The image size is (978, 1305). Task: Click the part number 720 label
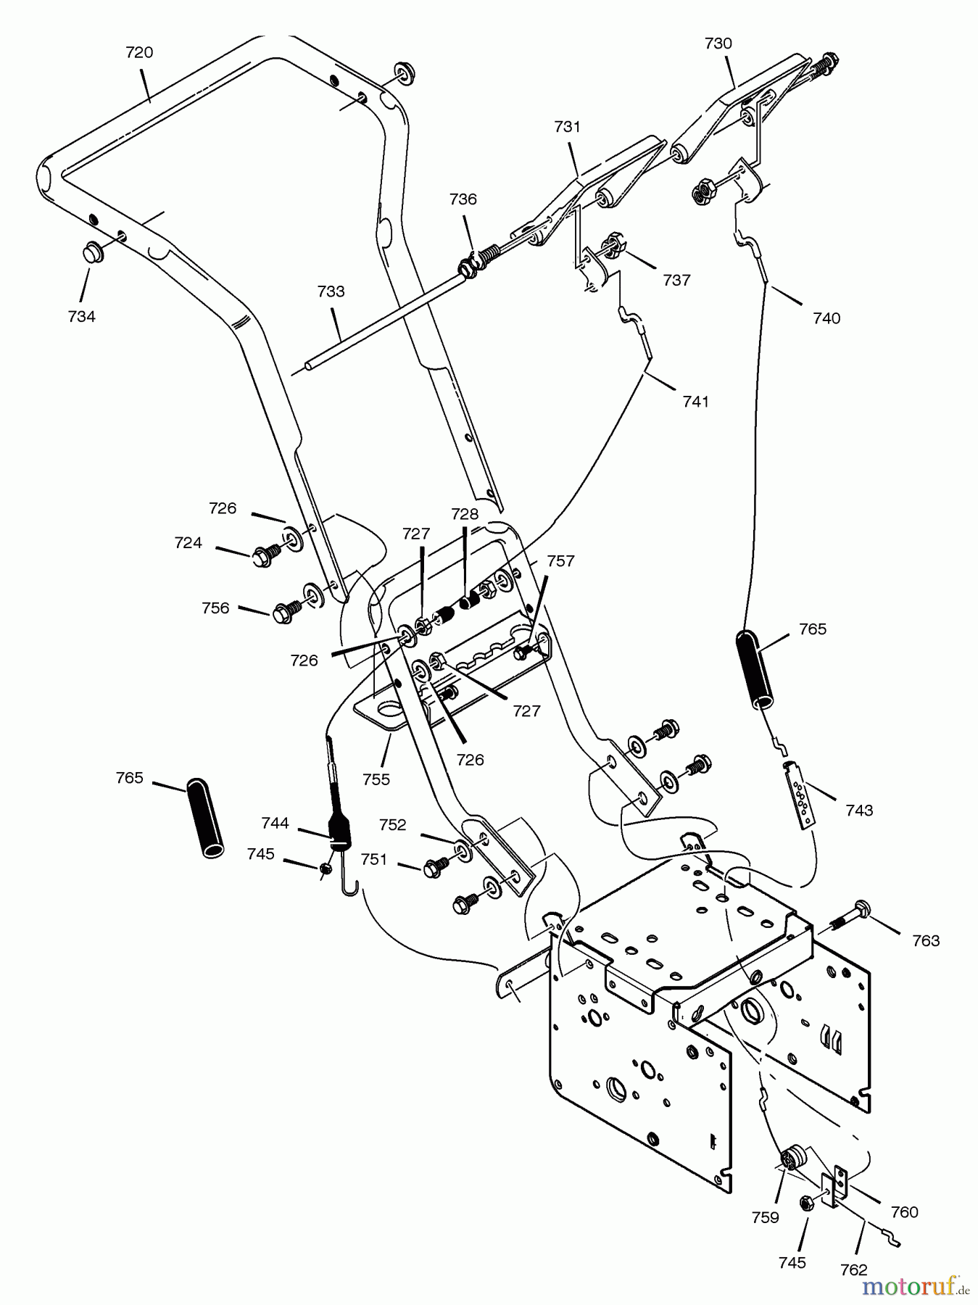point(139,52)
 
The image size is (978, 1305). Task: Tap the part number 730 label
point(718,43)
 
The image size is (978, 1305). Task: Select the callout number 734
point(81,316)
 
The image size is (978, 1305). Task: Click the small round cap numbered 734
point(90,253)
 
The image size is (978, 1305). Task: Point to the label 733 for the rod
point(331,291)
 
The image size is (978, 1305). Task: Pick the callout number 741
point(695,401)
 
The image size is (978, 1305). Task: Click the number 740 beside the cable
point(826,318)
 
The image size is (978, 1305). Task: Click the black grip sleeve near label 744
point(206,818)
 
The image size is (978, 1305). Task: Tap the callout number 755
point(376,779)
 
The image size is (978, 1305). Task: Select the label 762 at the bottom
point(853,1269)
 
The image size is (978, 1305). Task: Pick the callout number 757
point(560,560)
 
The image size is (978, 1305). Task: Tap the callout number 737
point(676,280)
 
